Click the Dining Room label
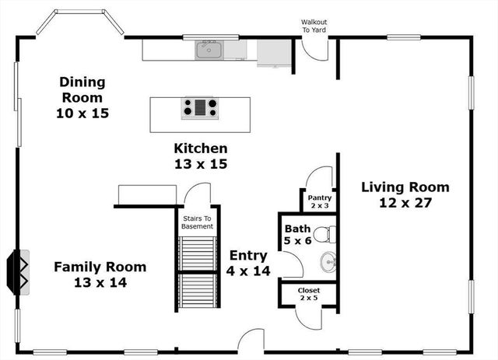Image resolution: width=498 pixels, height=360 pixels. pyautogui.click(x=82, y=97)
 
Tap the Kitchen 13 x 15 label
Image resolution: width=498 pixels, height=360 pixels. pyautogui.click(x=201, y=156)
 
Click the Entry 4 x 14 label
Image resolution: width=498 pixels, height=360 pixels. pyautogui.click(x=247, y=263)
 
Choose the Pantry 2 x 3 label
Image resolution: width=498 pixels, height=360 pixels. pyautogui.click(x=320, y=201)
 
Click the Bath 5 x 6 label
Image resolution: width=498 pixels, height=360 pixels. pyautogui.click(x=298, y=236)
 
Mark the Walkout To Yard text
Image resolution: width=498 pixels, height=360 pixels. pyautogui.click(x=315, y=26)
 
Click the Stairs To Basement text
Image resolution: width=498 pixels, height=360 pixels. pyautogui.click(x=197, y=222)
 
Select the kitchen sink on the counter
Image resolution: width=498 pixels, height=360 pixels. pyautogui.click(x=209, y=51)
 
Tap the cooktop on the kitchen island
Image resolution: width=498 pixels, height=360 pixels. pyautogui.click(x=200, y=108)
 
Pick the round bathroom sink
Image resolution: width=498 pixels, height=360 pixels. pyautogui.click(x=329, y=262)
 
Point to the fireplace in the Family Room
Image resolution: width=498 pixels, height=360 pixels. pyautogui.click(x=19, y=270)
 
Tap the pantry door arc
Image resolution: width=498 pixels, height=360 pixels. pyautogui.click(x=321, y=178)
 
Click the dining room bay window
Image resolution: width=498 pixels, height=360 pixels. pyautogui.click(x=80, y=21)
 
